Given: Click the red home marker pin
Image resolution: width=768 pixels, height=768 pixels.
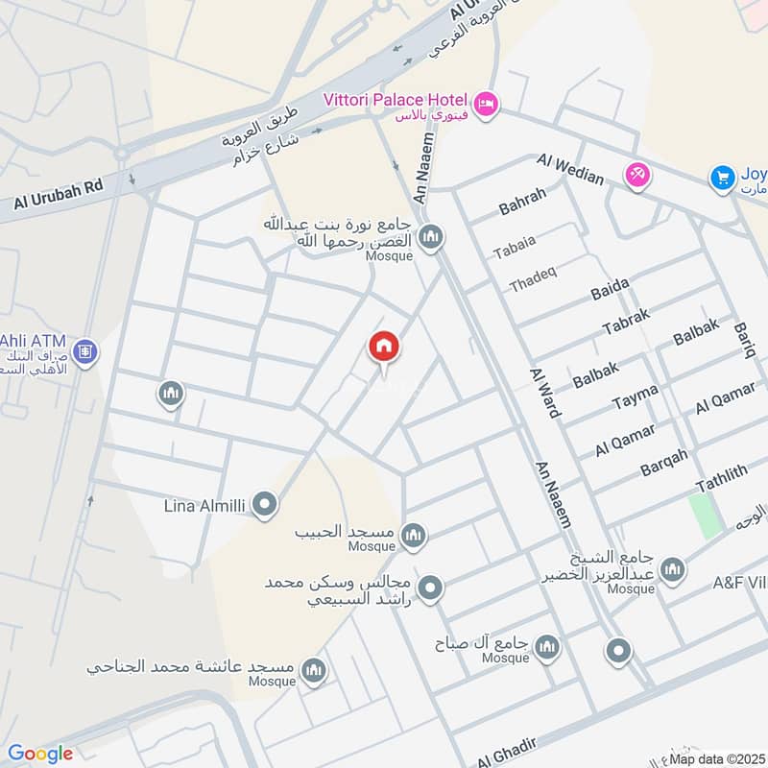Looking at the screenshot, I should point(384,348).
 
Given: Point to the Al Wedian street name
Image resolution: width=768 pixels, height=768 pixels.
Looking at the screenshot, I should point(570,169).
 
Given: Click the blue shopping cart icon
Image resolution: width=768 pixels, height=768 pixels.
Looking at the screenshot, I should point(722,177).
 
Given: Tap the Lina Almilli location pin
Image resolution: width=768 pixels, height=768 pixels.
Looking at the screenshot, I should point(265,503).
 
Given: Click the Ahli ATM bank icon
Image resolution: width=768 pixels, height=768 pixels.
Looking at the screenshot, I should point(84,352).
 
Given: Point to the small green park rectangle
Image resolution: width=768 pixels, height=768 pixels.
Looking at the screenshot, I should point(706,516).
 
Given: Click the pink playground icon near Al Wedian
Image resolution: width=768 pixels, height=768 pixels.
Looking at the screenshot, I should point(637,174).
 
